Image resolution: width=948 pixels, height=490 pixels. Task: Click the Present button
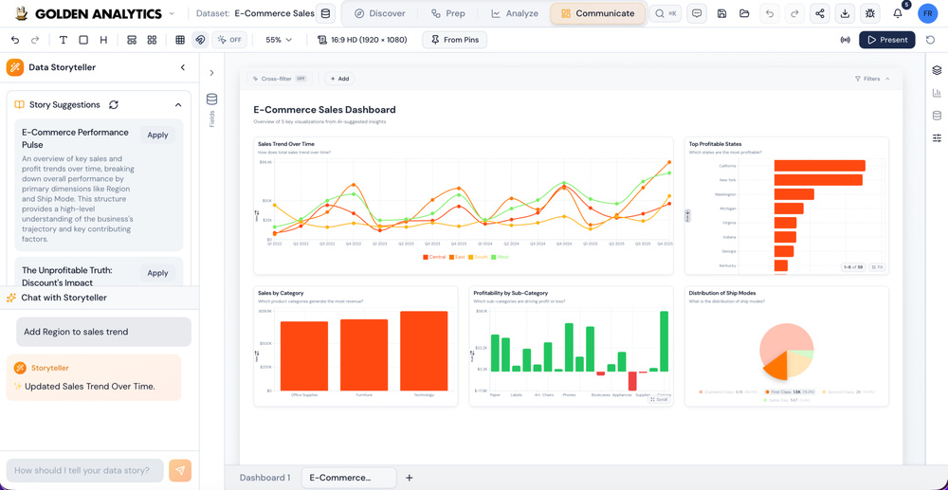[886, 40]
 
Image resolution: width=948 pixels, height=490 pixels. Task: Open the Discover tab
[379, 13]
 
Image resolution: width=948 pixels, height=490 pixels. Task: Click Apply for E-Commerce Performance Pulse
[157, 135]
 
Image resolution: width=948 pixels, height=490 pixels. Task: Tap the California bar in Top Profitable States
[819, 166]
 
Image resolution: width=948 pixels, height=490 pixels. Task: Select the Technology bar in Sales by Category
[424, 351]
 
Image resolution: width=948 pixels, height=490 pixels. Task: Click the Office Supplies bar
[303, 355]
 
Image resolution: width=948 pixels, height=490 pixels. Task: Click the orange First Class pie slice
[775, 364]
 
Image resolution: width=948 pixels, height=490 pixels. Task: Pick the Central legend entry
[435, 257]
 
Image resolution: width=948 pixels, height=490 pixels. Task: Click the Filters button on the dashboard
[871, 79]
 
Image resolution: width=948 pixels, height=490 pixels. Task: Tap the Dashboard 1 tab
[264, 478]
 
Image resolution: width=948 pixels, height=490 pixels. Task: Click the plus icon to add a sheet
[410, 478]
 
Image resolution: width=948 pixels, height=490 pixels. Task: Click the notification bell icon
[897, 13]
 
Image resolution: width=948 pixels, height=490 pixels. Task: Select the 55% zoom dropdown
[279, 40]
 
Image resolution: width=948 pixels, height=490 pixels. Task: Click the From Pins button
[454, 40]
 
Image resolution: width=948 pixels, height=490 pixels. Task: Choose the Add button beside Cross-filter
[339, 79]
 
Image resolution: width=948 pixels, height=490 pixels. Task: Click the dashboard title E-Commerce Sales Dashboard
[324, 110]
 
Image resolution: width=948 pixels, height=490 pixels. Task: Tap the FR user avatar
[927, 13]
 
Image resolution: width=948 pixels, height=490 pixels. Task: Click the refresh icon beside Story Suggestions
[114, 105]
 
